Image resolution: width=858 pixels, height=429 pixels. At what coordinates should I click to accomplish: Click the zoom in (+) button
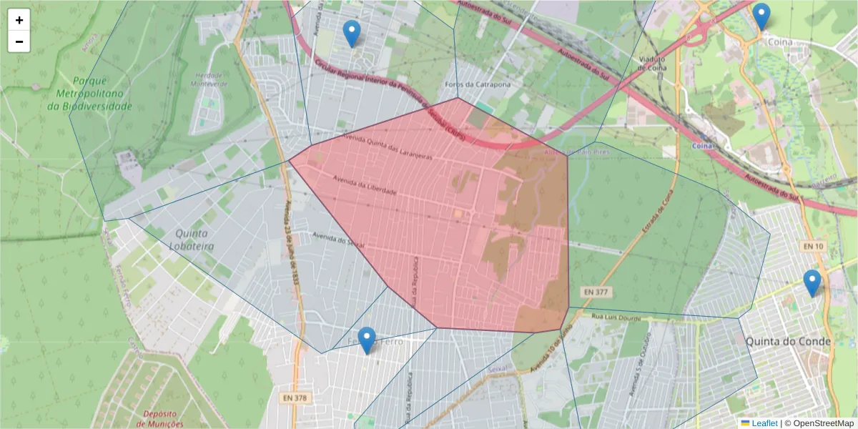click(19, 20)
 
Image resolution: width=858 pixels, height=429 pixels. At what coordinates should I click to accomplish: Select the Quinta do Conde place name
click(788, 342)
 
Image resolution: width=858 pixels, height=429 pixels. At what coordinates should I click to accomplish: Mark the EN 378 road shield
click(294, 398)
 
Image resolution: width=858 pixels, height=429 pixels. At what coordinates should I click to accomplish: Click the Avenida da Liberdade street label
click(364, 186)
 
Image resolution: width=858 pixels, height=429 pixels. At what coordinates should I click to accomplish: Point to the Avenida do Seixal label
click(339, 240)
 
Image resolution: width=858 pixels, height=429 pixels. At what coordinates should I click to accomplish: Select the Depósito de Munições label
click(164, 418)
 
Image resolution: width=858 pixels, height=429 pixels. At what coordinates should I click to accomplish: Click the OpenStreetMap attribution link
click(820, 423)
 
